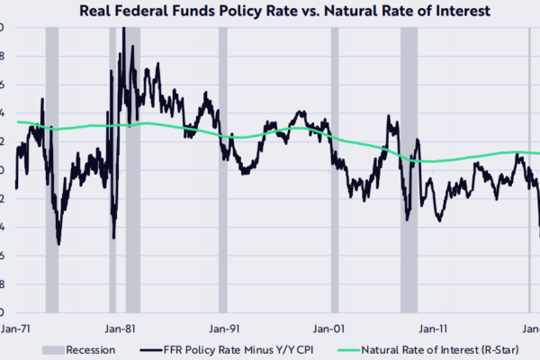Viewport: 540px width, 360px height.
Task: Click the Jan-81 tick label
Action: (x=121, y=328)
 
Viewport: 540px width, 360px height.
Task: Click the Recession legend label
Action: (x=91, y=350)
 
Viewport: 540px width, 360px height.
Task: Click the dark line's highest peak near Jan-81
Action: (x=123, y=28)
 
